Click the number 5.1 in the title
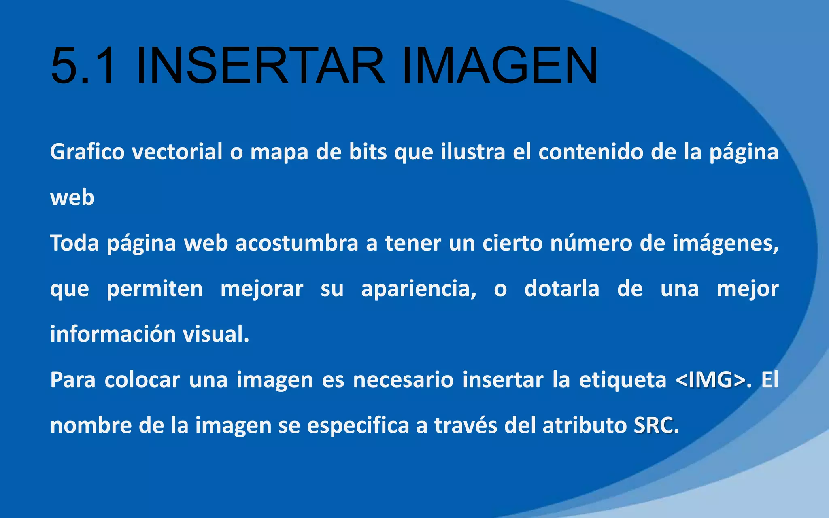[x=83, y=66]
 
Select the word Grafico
[x=87, y=153]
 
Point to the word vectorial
[x=177, y=152]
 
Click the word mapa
[x=279, y=153]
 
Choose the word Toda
[x=74, y=243]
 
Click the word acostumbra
[x=297, y=243]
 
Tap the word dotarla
[x=562, y=289]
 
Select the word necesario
[x=403, y=380]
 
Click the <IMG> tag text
[x=710, y=380]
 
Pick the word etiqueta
[x=623, y=381]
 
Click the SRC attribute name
[x=654, y=425]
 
